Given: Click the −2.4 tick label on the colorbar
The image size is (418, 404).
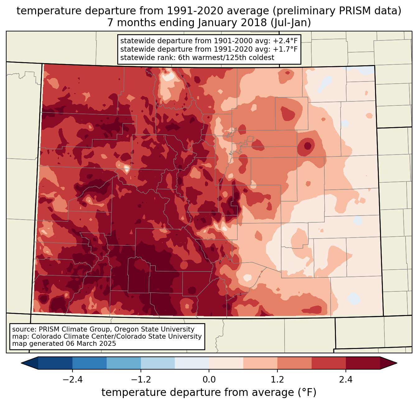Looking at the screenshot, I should tap(72, 380).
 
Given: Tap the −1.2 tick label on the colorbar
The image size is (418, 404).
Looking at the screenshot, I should tap(141, 380).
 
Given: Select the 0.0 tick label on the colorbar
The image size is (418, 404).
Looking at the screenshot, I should tap(209, 380).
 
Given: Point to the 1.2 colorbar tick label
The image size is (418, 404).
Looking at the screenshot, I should tap(277, 380).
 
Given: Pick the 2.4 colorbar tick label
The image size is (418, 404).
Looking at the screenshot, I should tap(346, 380).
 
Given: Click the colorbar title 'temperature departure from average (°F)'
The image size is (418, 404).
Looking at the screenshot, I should tap(209, 392).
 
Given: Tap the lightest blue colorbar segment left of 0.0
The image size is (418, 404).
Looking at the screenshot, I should tap(192, 363).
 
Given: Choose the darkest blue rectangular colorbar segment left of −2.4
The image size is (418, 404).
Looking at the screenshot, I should tap(55, 363).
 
